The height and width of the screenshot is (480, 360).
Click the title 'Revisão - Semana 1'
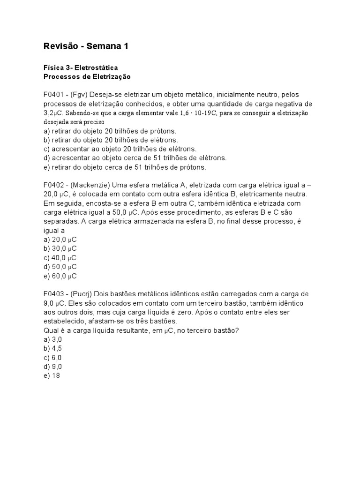[x=85, y=46]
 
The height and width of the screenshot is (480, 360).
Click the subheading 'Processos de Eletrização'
[x=87, y=76]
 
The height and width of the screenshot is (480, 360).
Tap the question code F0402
[x=54, y=185]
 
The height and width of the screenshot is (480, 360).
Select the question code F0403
[x=54, y=294]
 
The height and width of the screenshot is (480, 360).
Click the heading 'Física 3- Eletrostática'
[x=80, y=67]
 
